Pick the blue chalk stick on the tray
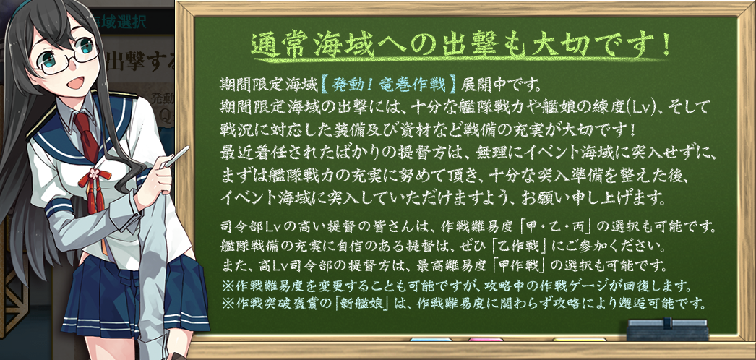click(431, 339)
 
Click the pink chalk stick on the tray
click(485, 339)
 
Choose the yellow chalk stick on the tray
click(579, 339)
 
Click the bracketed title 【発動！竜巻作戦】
click(388, 86)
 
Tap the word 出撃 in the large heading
click(460, 46)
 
